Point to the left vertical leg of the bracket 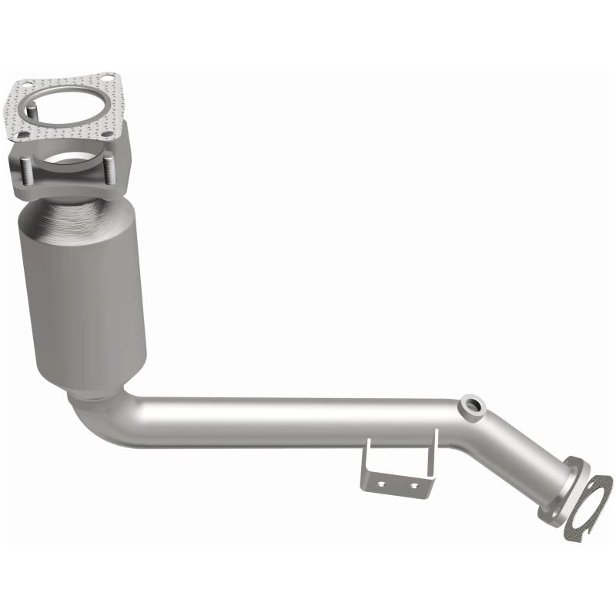tap(366, 465)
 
